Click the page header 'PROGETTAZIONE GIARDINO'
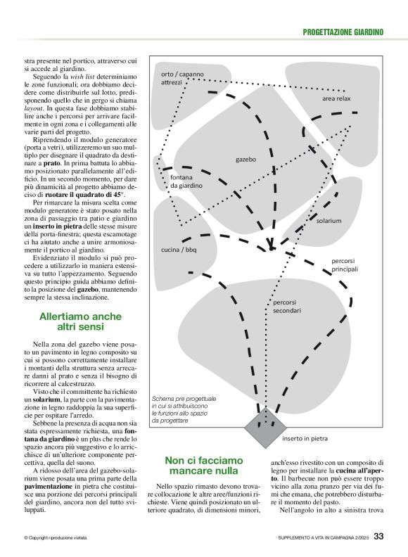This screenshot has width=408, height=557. (x=343, y=32)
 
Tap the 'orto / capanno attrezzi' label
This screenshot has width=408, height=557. (x=181, y=78)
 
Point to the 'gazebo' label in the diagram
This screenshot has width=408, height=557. (x=246, y=160)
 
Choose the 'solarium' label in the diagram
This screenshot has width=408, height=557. (x=329, y=220)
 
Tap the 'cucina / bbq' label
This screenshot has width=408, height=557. (x=179, y=250)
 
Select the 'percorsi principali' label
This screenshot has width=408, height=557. (x=345, y=264)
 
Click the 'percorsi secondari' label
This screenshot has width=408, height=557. (x=287, y=305)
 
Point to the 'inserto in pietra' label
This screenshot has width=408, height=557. (x=305, y=439)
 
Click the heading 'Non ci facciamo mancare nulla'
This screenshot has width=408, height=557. (x=202, y=465)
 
